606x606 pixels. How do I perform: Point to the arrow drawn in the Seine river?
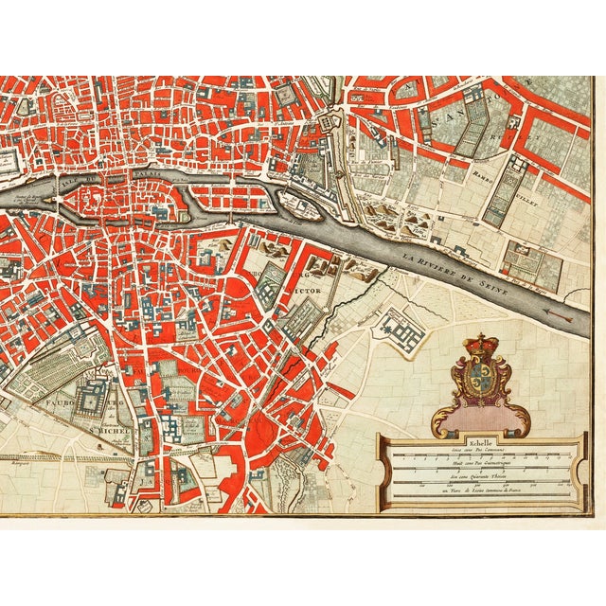tap(568, 315)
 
